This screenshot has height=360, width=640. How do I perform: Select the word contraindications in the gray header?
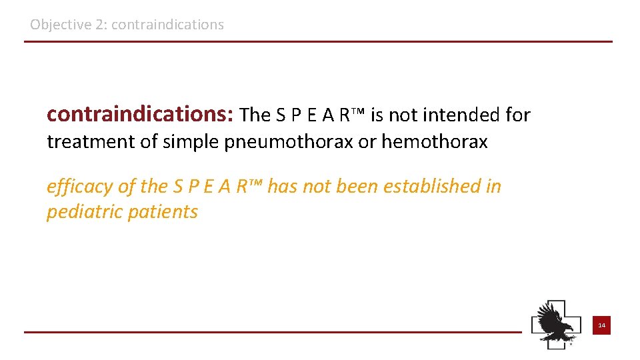click(168, 25)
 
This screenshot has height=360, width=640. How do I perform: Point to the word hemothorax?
click(434, 142)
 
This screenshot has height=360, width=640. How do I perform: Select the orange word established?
click(440, 187)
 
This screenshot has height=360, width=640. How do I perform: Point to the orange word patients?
click(167, 212)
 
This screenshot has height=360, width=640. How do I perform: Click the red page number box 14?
click(601, 325)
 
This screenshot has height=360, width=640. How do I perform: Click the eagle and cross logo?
click(555, 323)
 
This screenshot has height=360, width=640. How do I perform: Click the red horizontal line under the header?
click(318, 42)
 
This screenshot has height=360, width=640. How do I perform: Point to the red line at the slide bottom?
click(273, 331)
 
